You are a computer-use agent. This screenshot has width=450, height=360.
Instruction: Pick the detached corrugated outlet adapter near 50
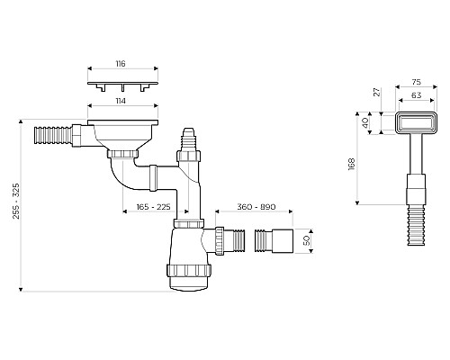tap(276, 241)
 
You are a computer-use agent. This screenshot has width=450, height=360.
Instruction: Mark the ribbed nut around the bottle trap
tap(188, 267)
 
